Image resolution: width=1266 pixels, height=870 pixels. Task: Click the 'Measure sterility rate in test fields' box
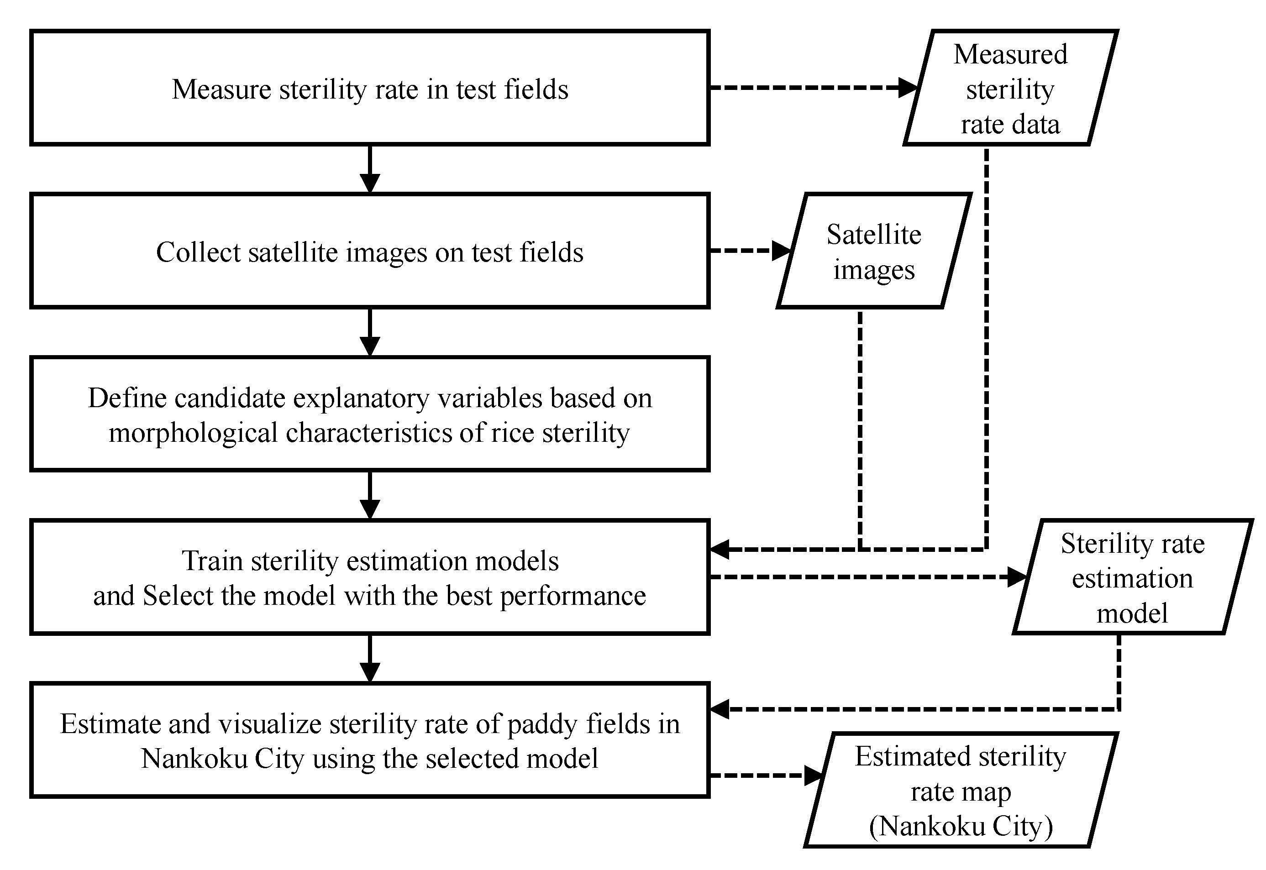pos(370,88)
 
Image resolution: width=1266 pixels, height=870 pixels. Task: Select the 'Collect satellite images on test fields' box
pos(370,252)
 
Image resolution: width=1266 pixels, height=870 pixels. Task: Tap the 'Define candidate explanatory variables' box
pos(370,414)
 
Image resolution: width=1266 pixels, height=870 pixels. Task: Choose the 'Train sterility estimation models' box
pos(370,577)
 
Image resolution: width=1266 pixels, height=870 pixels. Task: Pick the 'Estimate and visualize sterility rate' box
pos(370,740)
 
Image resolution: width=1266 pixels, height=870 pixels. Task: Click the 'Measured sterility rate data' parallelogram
pos(1010,88)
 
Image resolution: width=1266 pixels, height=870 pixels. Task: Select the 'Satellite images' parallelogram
pos(873,252)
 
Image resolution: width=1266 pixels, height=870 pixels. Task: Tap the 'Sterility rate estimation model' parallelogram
pos(1132,577)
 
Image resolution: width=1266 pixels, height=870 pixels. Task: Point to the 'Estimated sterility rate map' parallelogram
pos(960,791)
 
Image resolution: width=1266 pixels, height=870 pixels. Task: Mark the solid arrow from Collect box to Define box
pos(370,332)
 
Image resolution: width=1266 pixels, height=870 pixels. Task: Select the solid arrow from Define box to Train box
pos(370,495)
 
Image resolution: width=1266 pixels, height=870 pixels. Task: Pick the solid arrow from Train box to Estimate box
pos(370,658)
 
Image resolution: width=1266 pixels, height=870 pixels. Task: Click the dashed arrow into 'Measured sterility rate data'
pos(812,87)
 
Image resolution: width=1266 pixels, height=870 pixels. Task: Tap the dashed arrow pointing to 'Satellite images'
pos(750,251)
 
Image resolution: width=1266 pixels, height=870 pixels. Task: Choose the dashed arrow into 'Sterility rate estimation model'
pos(867,577)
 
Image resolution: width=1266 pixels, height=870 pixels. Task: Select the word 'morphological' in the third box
pos(193,433)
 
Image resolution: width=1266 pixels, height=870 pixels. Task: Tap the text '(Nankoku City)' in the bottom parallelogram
pos(960,826)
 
